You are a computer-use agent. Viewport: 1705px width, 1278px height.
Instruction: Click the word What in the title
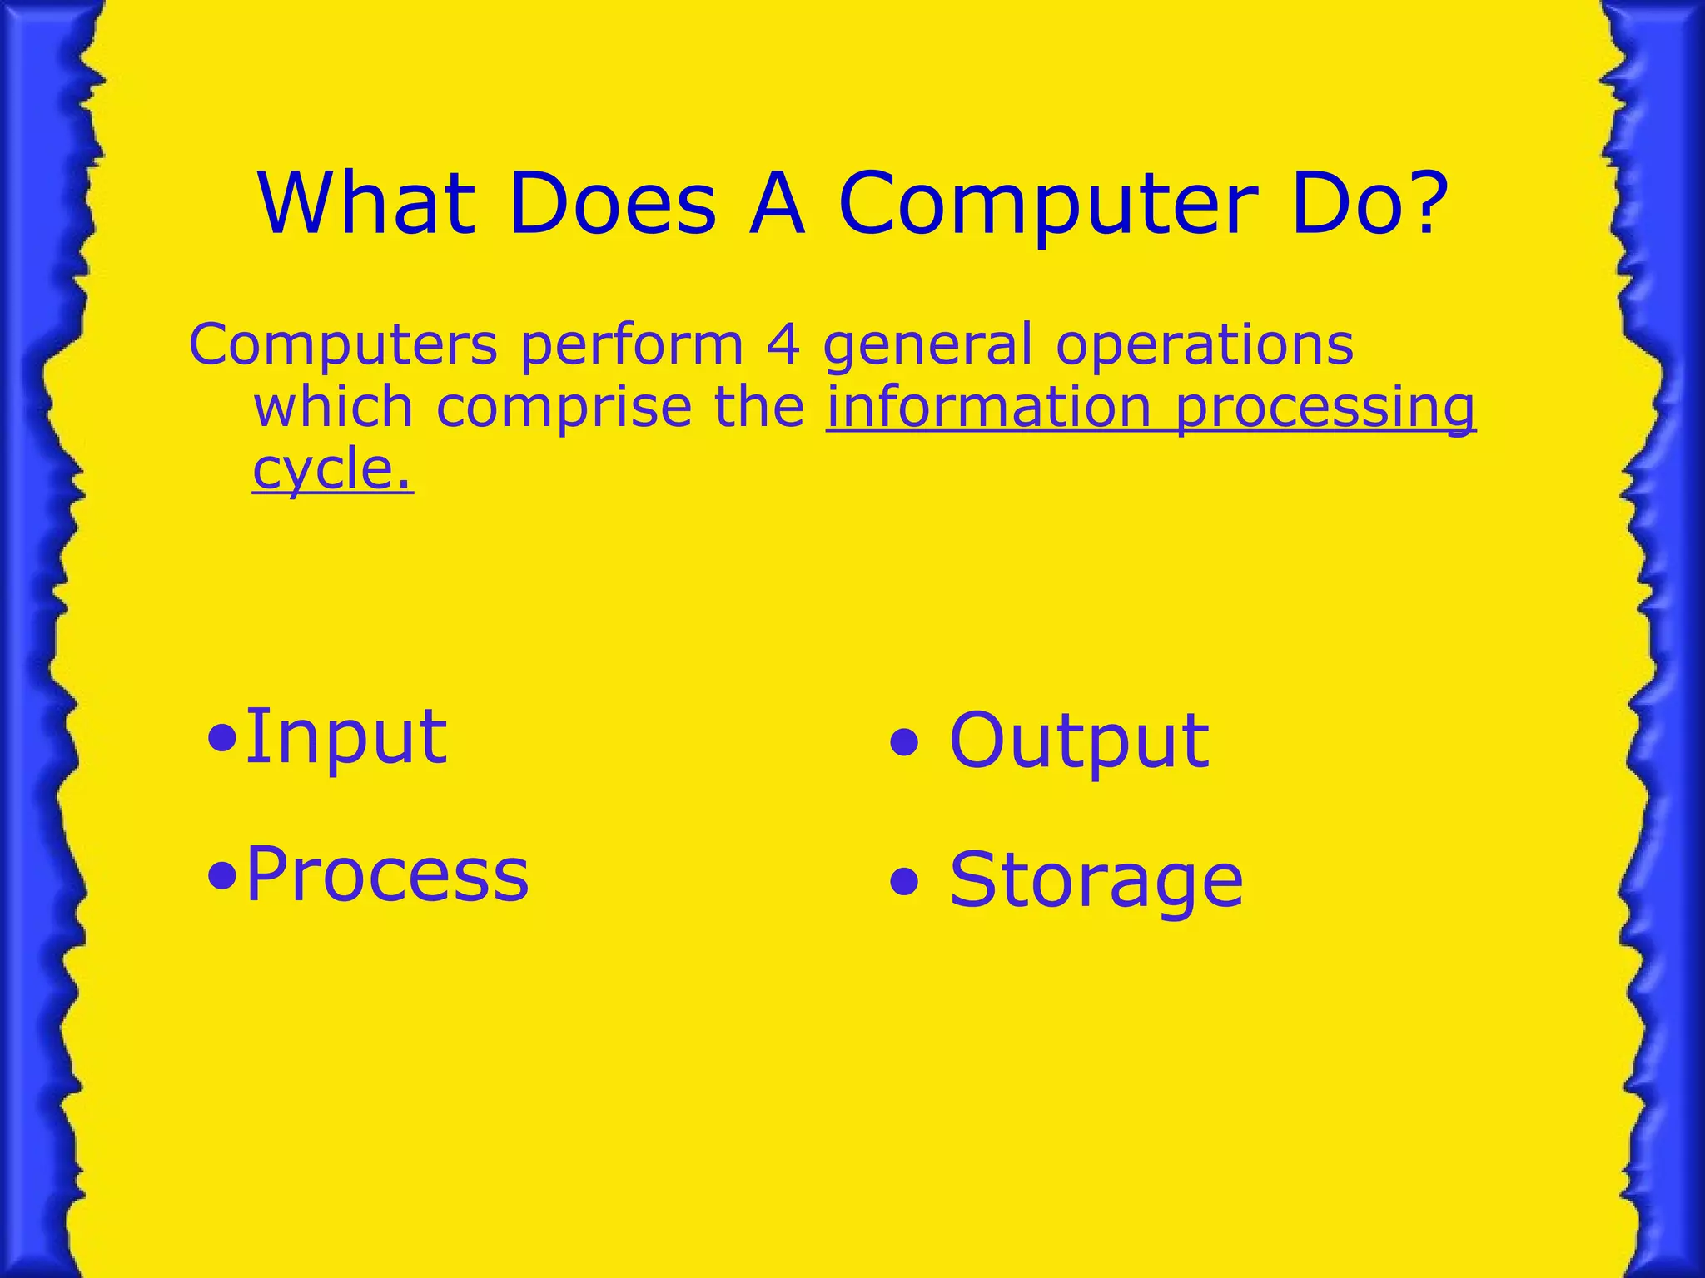click(x=366, y=204)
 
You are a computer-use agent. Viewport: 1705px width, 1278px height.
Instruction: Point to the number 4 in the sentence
click(x=783, y=344)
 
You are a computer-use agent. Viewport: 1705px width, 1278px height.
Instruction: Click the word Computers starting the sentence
click(x=343, y=344)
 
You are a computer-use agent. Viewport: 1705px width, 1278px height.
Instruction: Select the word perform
click(x=632, y=344)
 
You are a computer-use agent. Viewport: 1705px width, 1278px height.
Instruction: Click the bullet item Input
click(x=345, y=736)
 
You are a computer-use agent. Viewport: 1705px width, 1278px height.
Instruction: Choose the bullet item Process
click(x=387, y=874)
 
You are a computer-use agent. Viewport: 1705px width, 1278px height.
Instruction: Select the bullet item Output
click(x=1078, y=740)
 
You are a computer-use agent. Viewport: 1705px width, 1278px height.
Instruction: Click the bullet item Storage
click(x=1096, y=879)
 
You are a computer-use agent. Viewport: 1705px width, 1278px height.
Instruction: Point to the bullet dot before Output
click(x=905, y=742)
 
